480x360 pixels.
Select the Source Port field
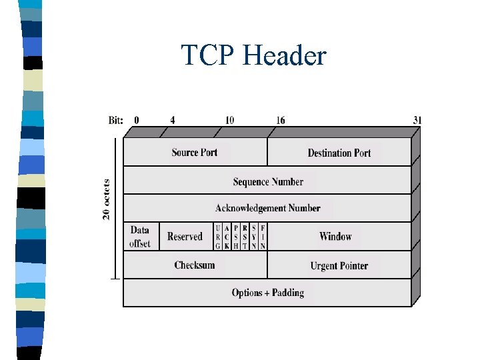pyautogui.click(x=195, y=152)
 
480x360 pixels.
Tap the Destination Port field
pyautogui.click(x=339, y=153)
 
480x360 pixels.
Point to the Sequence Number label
pyautogui.click(x=268, y=181)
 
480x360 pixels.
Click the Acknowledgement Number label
pyautogui.click(x=268, y=208)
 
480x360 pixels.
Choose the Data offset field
pyautogui.click(x=140, y=237)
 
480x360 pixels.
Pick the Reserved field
pyautogui.click(x=185, y=237)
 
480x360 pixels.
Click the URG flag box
pyautogui.click(x=218, y=237)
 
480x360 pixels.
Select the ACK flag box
pyautogui.click(x=227, y=237)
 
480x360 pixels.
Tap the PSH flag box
pyautogui.click(x=236, y=237)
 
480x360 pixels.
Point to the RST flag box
pyautogui.click(x=245, y=237)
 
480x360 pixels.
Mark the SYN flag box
pyautogui.click(x=254, y=237)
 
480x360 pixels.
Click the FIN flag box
pyautogui.click(x=263, y=237)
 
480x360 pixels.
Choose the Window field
pyautogui.click(x=335, y=237)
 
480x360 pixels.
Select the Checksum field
pyautogui.click(x=195, y=265)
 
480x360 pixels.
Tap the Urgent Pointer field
pyautogui.click(x=339, y=266)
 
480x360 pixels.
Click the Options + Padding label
pyautogui.click(x=268, y=293)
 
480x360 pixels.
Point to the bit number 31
pyautogui.click(x=417, y=121)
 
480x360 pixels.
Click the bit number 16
pyautogui.click(x=281, y=121)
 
